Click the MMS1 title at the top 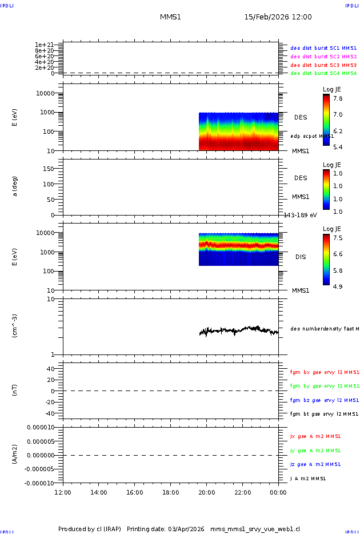click(170, 17)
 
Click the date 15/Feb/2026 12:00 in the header click(278, 17)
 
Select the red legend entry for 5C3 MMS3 click(323, 65)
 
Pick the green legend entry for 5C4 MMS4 click(323, 73)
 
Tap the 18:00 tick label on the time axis click(170, 492)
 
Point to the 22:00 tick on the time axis click(242, 492)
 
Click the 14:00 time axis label click(99, 492)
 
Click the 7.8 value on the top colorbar click(338, 98)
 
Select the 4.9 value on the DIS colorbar click(338, 286)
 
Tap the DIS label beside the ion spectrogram click(301, 257)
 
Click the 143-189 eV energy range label click(301, 215)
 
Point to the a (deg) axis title click(15, 186)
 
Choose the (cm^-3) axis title click(15, 326)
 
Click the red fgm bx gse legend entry click(325, 372)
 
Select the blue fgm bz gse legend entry click(325, 400)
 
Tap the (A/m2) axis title click(15, 455)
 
